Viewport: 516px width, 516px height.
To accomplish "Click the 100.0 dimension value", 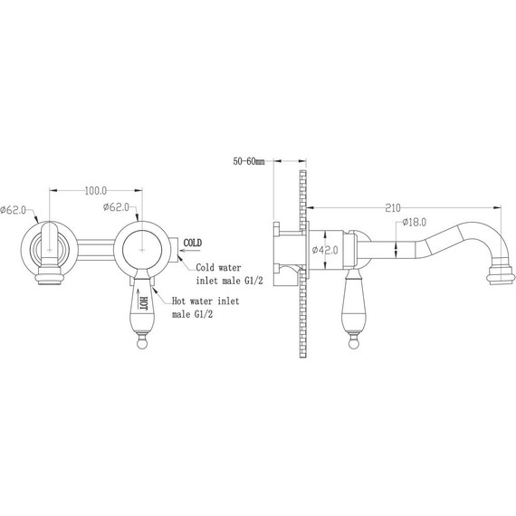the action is (96, 190).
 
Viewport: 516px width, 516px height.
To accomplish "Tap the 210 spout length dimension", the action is (393, 208).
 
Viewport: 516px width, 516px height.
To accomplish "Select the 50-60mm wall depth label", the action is (249, 161).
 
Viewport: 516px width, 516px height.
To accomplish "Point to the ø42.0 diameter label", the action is (325, 250).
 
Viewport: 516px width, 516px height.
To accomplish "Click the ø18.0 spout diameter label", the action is (414, 222).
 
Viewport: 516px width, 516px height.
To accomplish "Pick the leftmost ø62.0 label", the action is (14, 210).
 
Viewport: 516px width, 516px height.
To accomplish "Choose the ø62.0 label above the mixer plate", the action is (116, 207).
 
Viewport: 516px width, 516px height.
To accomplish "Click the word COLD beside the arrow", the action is (193, 244).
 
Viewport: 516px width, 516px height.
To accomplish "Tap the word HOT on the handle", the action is (143, 302).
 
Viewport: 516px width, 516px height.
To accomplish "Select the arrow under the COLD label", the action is (190, 251).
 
